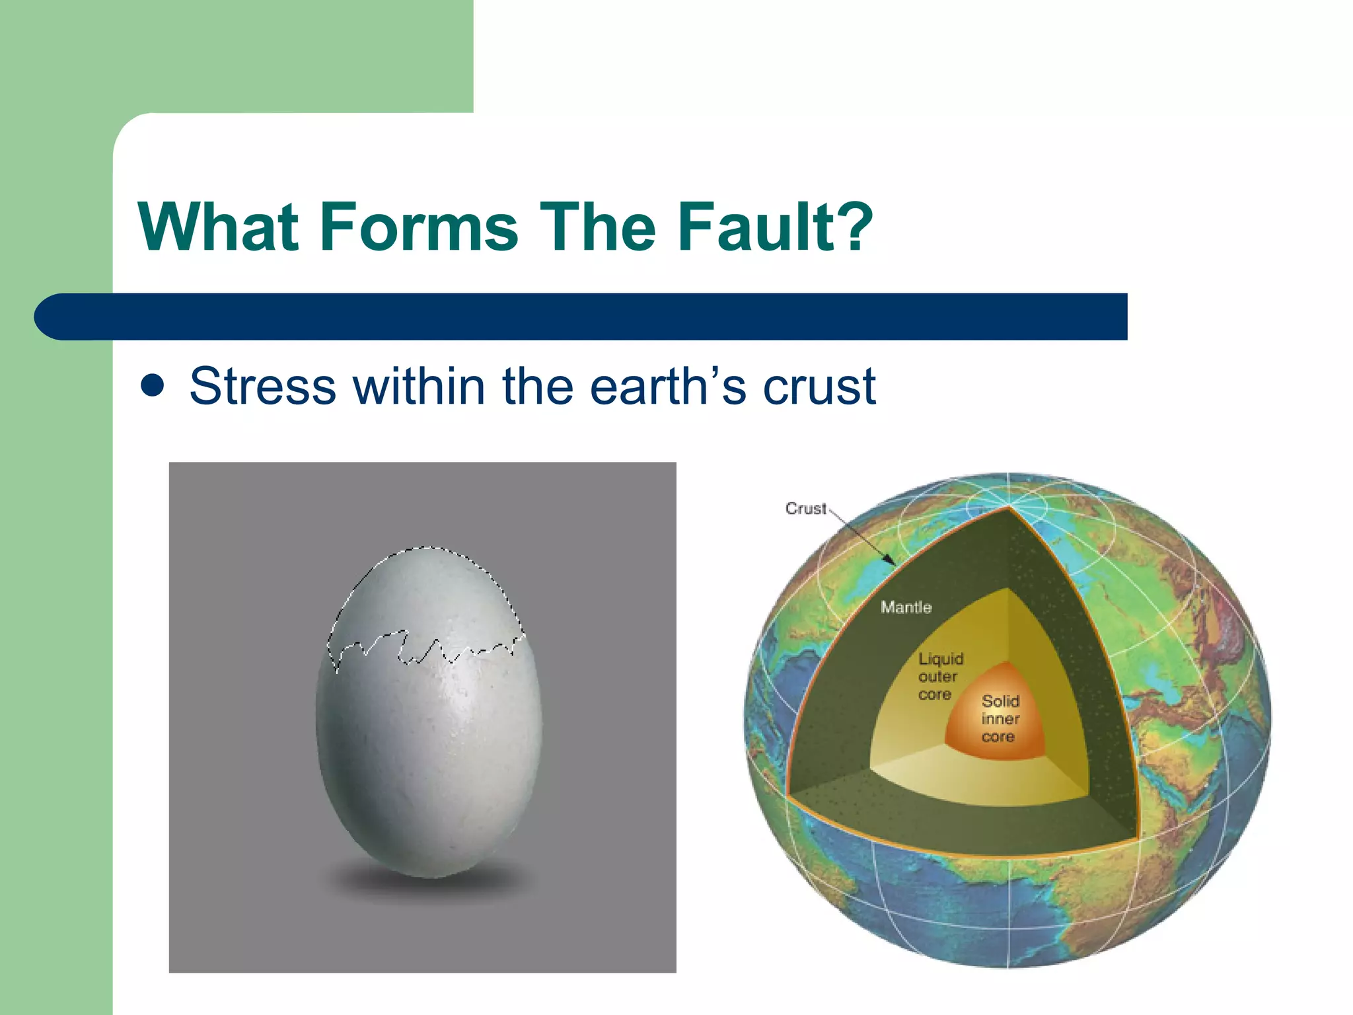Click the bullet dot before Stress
tap(153, 387)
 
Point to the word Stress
tap(262, 387)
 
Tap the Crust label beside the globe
tap(805, 508)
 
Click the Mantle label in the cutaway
tap(906, 607)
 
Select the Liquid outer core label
tap(939, 676)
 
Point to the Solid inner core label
tap(1000, 718)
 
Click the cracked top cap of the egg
tap(426, 595)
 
